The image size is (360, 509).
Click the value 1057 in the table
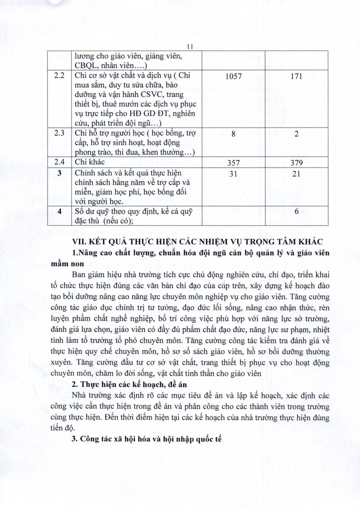[x=233, y=76]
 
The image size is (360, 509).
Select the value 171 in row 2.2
[x=296, y=76]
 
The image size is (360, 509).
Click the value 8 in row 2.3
[x=233, y=134]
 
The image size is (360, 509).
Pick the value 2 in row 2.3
[x=296, y=134]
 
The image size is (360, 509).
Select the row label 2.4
[x=59, y=162]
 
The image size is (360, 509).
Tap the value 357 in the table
[x=233, y=163]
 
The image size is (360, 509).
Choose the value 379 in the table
[x=296, y=163]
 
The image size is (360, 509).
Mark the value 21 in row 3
[x=296, y=173]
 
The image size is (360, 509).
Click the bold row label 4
[x=59, y=211]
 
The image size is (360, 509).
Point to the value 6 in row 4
[x=296, y=211]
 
